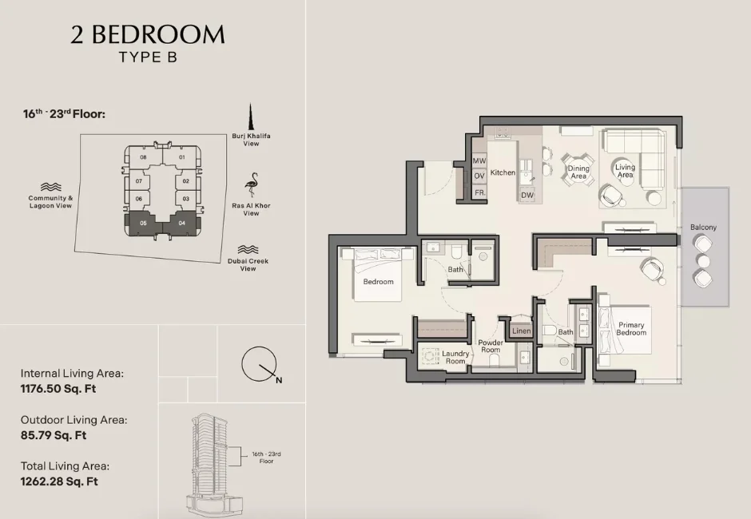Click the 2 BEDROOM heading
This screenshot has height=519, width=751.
pos(148,34)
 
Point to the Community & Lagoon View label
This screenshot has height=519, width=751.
pos(50,202)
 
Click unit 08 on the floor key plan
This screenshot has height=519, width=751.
pos(143,157)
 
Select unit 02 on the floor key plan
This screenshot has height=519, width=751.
pos(185,181)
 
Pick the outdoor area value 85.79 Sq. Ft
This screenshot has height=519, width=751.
pos(54,435)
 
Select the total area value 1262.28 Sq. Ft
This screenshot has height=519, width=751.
pos(59,481)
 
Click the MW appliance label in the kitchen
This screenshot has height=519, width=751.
pos(479,161)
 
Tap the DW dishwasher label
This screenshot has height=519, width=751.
pos(527,195)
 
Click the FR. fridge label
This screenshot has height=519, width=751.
pos(479,193)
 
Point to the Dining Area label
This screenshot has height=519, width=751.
pos(578,172)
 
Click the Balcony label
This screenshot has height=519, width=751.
pos(703,228)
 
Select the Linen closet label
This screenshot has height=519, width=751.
pos(521,331)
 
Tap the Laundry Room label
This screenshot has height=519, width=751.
pos(455,357)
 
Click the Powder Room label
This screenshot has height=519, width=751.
pos(490,347)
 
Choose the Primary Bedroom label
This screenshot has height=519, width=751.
pos(631,329)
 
